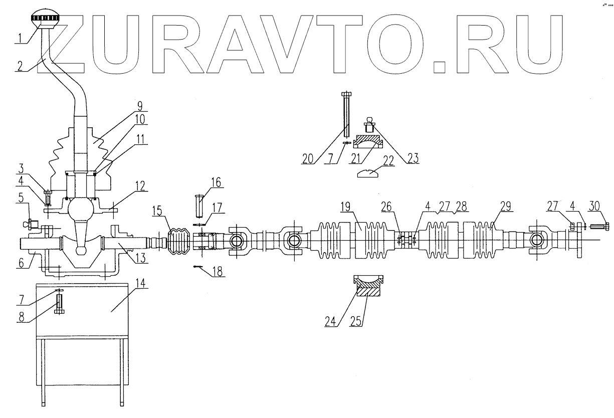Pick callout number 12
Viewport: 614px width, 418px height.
coord(140,186)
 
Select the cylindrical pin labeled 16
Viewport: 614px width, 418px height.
coord(199,205)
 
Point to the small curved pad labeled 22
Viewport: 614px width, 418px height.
coord(370,173)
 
